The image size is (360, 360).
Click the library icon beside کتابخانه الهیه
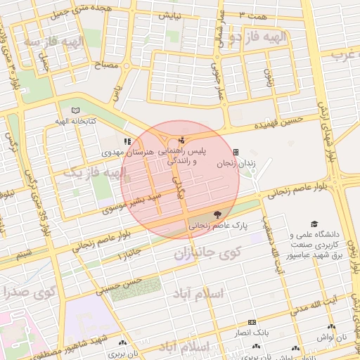[75, 110]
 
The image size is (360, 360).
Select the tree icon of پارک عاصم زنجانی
[216, 214]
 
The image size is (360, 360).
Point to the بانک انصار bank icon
[252, 321]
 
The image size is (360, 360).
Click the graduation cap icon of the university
[314, 223]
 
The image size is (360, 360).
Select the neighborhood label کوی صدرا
[27, 291]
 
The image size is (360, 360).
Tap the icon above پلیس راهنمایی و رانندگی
[182, 140]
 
